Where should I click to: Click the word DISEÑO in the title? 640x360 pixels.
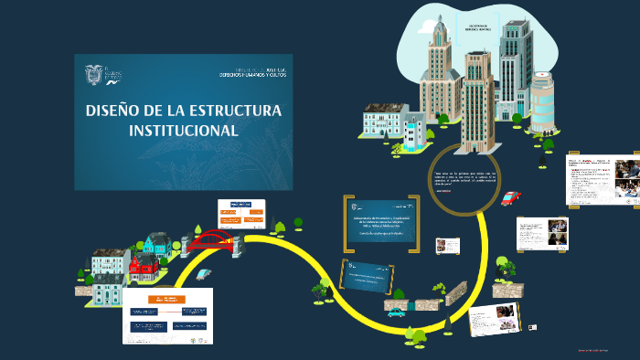point(113,111)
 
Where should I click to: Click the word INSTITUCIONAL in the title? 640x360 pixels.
point(183,130)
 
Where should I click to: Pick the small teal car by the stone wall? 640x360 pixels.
point(396,312)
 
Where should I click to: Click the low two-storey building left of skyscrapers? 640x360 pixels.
point(386,123)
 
